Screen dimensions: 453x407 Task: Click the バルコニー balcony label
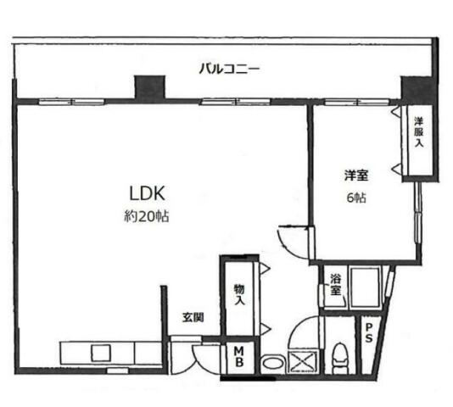point(230,70)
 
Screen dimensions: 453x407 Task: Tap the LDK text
point(147,193)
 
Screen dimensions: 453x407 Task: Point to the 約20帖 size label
point(147,216)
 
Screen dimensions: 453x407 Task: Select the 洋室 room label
point(356,176)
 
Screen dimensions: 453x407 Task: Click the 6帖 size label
point(356,198)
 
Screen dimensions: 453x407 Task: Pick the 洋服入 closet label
point(419,132)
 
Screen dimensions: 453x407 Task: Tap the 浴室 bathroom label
point(336,285)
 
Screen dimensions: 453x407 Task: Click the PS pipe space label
point(369,333)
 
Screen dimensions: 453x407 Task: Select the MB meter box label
point(239,357)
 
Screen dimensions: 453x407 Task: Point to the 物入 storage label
point(239,294)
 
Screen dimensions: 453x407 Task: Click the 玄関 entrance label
point(193,317)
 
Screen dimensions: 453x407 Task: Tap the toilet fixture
point(339,358)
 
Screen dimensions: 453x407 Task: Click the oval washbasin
point(272,363)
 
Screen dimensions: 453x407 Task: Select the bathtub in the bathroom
point(365,287)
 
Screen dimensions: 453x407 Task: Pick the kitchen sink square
point(101,353)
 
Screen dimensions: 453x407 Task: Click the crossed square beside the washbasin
point(303,360)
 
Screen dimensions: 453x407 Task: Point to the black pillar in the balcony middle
point(150,87)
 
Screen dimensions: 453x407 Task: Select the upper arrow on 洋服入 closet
point(395,111)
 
